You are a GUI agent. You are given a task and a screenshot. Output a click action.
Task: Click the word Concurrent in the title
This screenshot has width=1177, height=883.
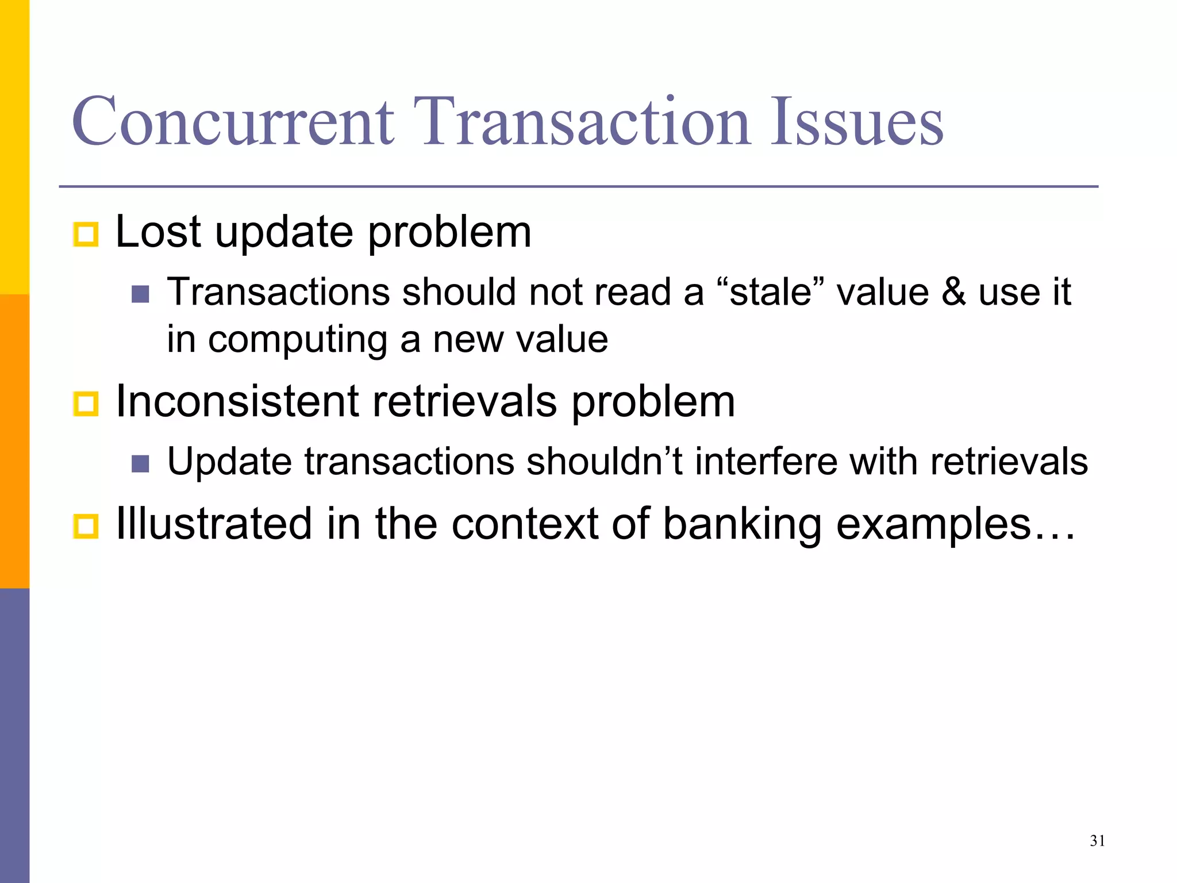click(x=233, y=122)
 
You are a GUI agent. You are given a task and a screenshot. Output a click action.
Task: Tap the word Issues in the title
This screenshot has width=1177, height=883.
click(x=856, y=122)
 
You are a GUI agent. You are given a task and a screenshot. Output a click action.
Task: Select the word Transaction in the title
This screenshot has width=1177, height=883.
click(x=582, y=122)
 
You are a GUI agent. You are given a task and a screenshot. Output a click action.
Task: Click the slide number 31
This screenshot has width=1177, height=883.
click(x=1097, y=841)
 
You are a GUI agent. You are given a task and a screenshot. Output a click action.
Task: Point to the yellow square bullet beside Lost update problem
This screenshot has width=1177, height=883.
click(x=86, y=235)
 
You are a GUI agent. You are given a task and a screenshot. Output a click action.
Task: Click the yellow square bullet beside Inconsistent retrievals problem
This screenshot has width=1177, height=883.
click(x=86, y=404)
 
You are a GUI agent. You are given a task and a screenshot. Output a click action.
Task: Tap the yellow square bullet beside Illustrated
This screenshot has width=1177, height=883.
click(x=86, y=526)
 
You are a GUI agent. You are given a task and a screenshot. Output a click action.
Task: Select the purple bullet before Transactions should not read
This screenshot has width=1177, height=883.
click(x=140, y=294)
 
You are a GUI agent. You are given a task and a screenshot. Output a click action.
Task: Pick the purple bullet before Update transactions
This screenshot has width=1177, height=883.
click(x=140, y=463)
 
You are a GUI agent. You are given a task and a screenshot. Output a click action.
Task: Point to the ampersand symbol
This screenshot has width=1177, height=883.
click(x=953, y=292)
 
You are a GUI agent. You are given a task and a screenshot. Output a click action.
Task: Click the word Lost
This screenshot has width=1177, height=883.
click(x=158, y=232)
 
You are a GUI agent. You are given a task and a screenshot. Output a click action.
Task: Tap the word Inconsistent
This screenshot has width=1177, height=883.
click(x=237, y=401)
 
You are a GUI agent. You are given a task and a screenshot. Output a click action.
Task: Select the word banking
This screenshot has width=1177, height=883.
click(x=742, y=524)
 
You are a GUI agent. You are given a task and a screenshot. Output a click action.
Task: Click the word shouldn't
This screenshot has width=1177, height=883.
click(x=605, y=461)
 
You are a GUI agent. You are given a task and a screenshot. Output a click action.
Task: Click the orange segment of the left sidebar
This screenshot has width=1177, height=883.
click(x=14, y=441)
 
